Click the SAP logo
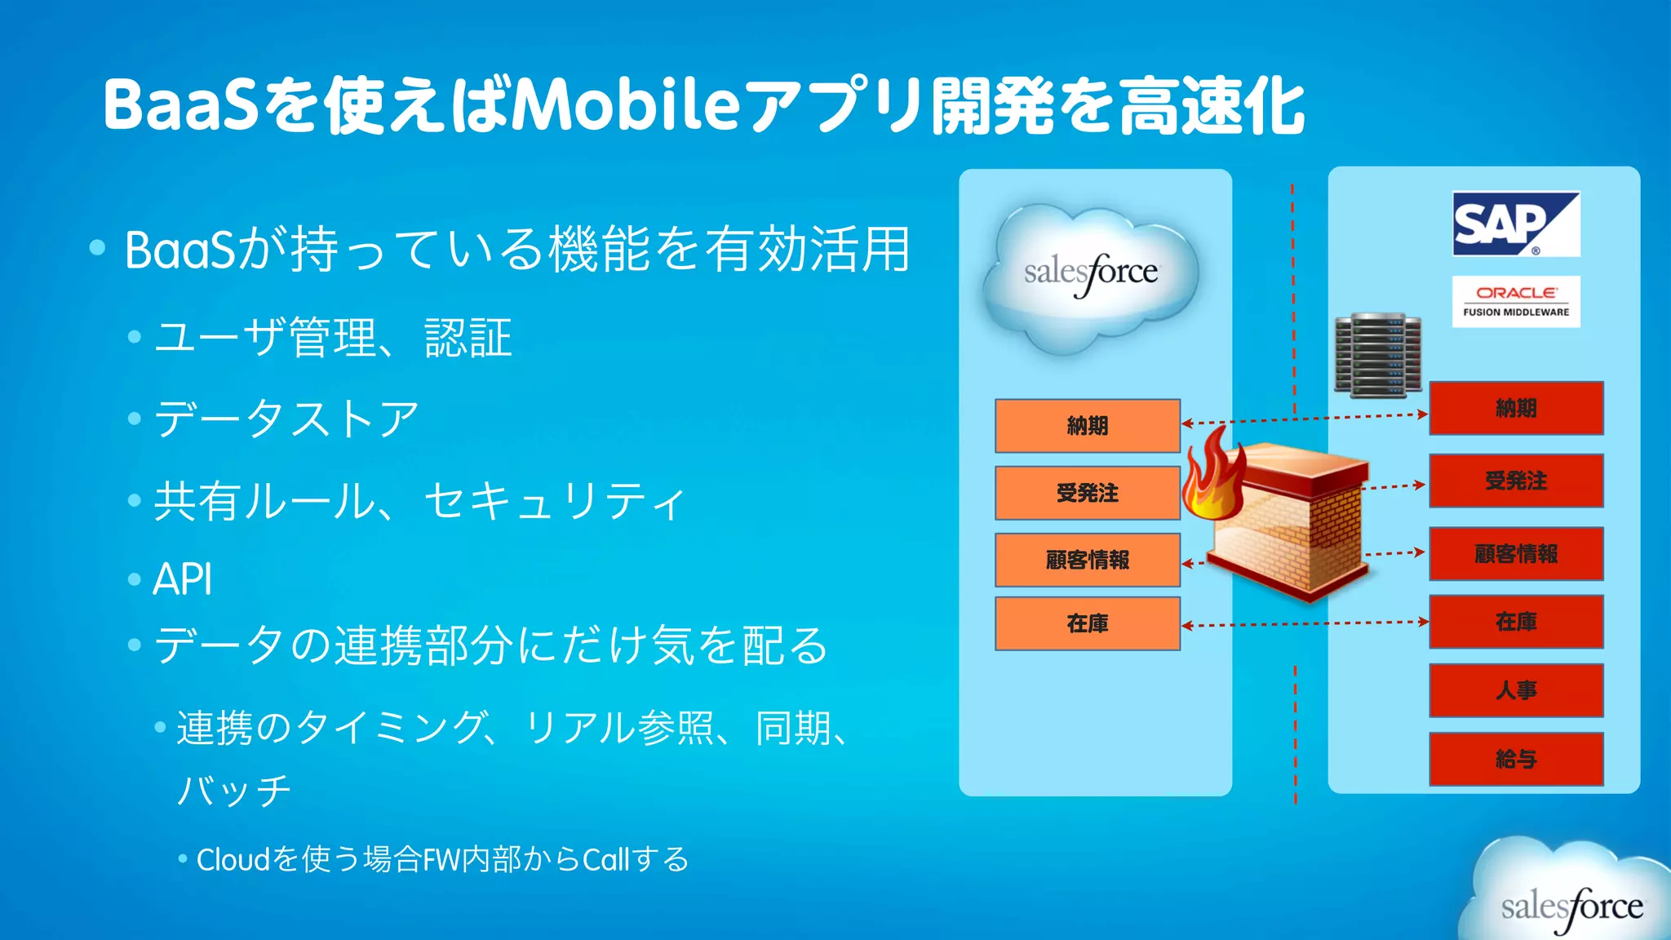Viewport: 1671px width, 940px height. [1516, 224]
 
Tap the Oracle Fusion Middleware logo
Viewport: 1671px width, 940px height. [1516, 301]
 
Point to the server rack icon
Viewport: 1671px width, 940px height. [1377, 355]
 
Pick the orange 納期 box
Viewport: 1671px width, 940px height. [1088, 426]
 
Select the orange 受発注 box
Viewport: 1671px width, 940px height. [1088, 493]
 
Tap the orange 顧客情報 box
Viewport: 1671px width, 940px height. [1088, 560]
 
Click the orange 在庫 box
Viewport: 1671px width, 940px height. [1088, 623]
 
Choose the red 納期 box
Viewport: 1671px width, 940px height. [1516, 408]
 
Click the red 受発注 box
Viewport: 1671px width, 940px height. [1516, 481]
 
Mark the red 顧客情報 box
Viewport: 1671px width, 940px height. [1516, 554]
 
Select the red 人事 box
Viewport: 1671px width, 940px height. [1516, 690]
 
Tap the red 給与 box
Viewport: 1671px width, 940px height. [1516, 759]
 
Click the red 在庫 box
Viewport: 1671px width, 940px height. [1516, 622]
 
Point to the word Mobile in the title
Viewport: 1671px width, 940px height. [625, 106]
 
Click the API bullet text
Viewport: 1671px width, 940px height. [183, 579]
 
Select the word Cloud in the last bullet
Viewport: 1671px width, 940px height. [233, 859]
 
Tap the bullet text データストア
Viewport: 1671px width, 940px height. [286, 419]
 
